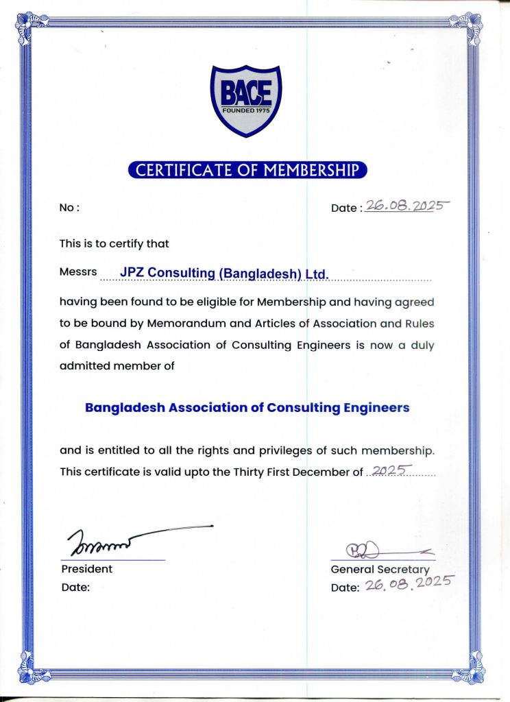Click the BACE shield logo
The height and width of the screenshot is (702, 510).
(x=245, y=99)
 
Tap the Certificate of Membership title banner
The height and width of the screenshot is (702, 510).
(x=247, y=170)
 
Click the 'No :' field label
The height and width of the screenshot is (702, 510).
(x=69, y=208)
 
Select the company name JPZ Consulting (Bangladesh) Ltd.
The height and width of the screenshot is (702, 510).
(x=225, y=273)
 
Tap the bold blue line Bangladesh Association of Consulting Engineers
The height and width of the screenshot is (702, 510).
(x=247, y=407)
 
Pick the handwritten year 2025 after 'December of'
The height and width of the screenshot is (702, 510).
(x=389, y=470)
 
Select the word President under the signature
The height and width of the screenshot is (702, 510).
(x=87, y=569)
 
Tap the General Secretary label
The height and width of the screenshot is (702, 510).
(x=380, y=569)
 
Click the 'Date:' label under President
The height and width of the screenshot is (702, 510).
(x=75, y=587)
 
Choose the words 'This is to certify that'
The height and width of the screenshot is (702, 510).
(x=114, y=243)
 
